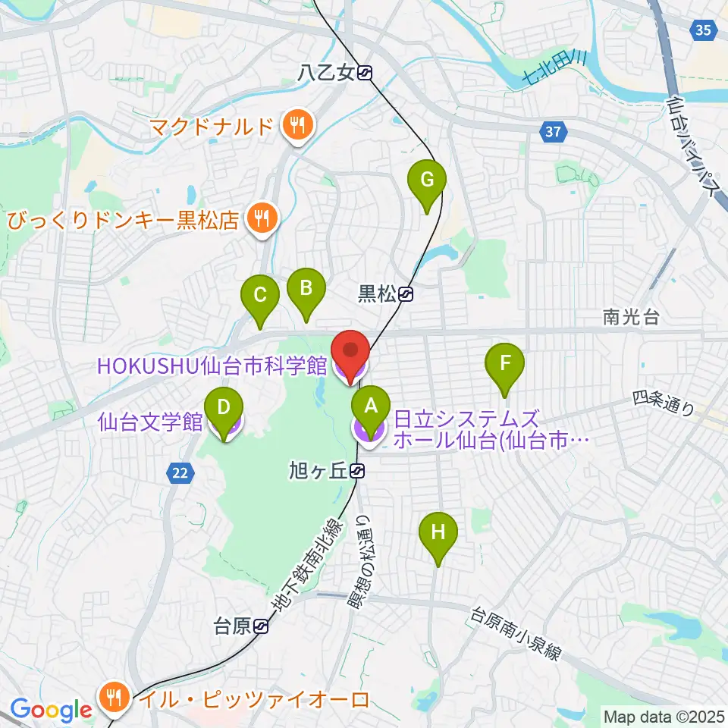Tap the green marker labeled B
coord(306,289)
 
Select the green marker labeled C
coord(260,294)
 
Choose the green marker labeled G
coord(427,181)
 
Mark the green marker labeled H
coord(438,532)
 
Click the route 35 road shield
coord(702,30)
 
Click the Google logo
coord(51,710)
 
